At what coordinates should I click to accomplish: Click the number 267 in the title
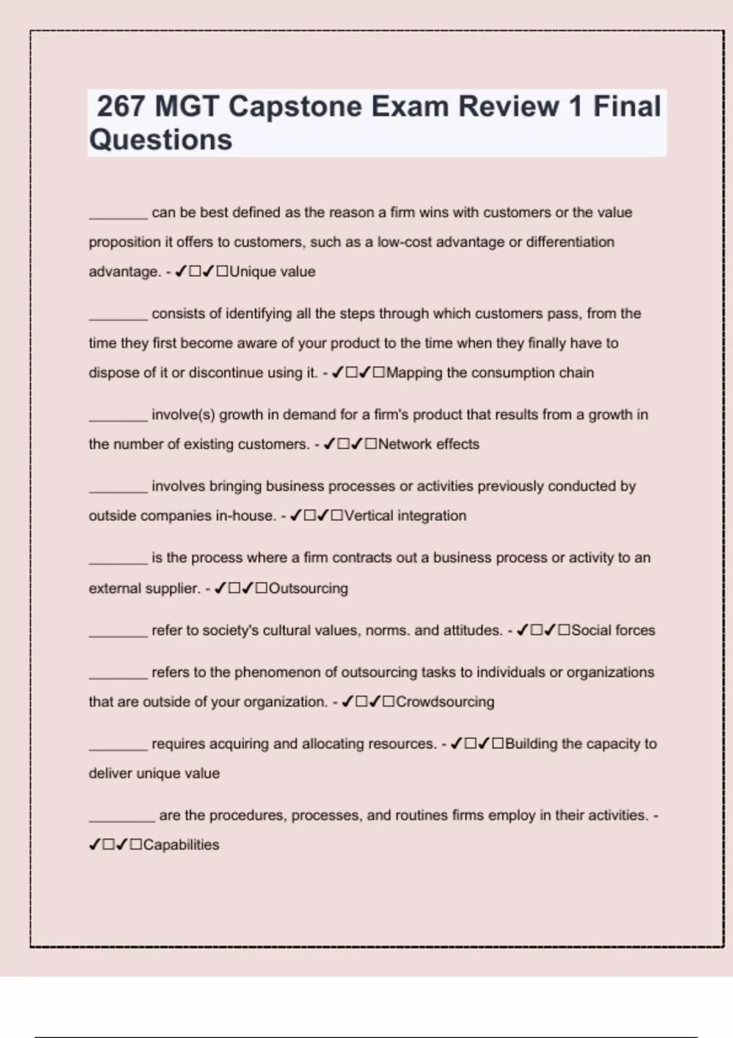coord(121,106)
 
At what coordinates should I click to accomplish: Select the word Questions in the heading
coord(161,139)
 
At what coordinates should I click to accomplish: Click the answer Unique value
coord(272,272)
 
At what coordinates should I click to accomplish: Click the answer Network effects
coord(429,444)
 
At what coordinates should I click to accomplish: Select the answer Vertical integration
coord(405,515)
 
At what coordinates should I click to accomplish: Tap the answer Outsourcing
coord(308,588)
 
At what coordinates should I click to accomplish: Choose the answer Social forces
coord(613,630)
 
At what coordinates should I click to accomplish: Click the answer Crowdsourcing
coord(445,702)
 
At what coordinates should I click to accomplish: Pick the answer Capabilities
coord(181,844)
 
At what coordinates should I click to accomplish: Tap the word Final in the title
coord(627,106)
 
